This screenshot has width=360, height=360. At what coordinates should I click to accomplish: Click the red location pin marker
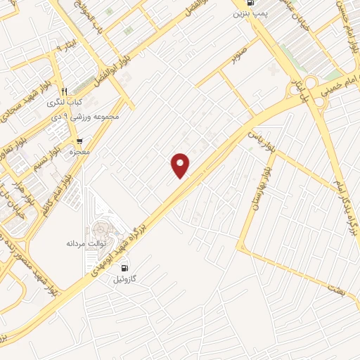click(181, 165)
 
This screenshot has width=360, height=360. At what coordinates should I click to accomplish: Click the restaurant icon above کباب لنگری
click(64, 91)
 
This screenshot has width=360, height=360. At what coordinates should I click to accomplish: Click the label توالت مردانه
click(85, 243)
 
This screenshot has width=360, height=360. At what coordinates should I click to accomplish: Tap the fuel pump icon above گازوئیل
click(125, 267)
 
